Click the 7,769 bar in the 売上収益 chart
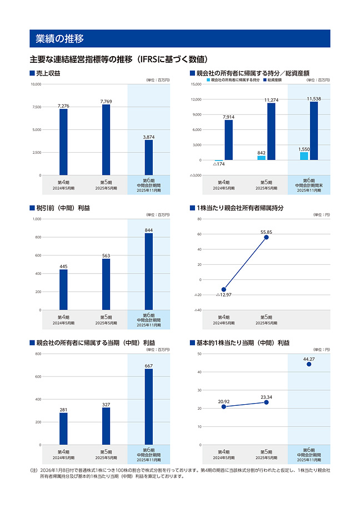coord(106,139)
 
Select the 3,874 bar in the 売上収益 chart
coord(148,157)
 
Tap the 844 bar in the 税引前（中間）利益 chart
coord(148,271)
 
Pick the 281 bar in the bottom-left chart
coord(63,429)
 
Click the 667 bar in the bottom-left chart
coord(148,407)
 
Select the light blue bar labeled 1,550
coord(304,156)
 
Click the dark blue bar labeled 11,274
coord(271,132)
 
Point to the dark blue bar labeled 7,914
coord(228,140)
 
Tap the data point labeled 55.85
coord(266,237)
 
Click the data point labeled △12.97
coord(224,289)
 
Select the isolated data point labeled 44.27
coord(309,364)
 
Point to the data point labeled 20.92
coord(224,406)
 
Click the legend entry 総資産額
coord(274,80)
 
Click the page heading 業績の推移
coord(59,39)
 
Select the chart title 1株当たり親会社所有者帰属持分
coord(240,208)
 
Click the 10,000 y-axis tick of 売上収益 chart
coord(35,84)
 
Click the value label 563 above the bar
coord(106,256)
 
